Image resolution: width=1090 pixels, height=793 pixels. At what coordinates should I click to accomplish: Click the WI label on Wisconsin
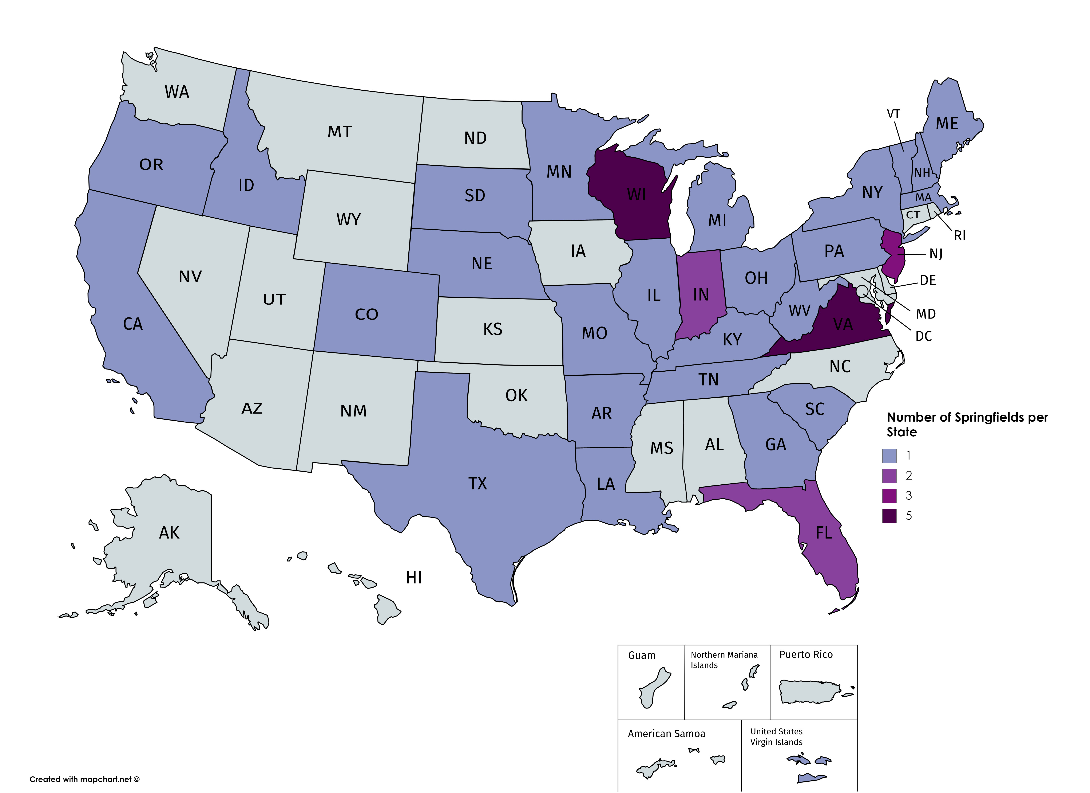click(636, 195)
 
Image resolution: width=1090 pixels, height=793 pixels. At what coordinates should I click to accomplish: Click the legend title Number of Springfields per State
click(967, 424)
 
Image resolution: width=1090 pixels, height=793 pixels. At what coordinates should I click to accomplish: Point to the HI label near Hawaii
click(414, 578)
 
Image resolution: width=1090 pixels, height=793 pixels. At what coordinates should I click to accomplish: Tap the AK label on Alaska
click(169, 533)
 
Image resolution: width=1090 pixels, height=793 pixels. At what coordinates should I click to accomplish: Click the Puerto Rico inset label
click(806, 655)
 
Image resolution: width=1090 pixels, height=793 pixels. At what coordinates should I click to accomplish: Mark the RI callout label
click(960, 236)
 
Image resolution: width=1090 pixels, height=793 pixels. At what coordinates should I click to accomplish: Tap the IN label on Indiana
click(701, 295)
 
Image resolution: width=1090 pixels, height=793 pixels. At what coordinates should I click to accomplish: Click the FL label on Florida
click(824, 533)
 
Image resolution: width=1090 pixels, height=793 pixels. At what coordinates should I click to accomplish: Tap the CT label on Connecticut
click(913, 215)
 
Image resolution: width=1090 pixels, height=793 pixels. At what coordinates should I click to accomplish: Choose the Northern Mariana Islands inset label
click(724, 660)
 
